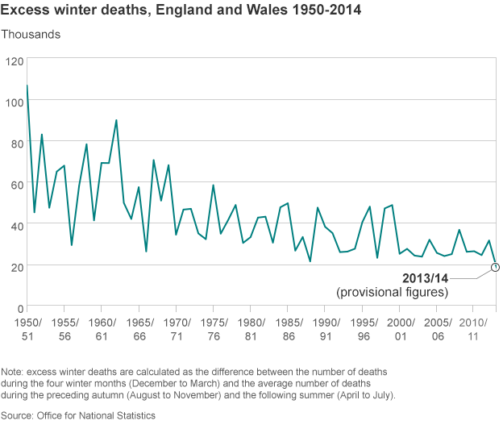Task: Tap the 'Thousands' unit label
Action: (x=31, y=35)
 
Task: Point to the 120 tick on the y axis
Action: (x=13, y=61)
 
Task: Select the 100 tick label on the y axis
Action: (x=13, y=102)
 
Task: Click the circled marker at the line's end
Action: (x=496, y=266)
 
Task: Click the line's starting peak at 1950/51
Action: (x=27, y=85)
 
